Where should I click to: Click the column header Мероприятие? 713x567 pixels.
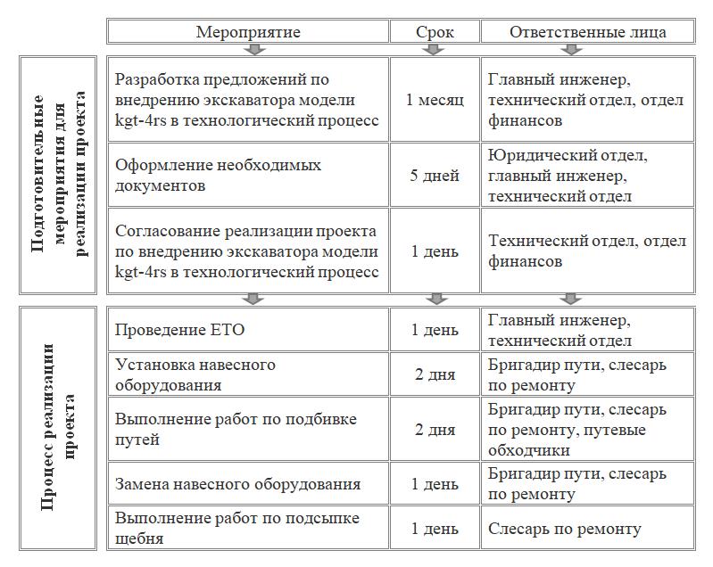tap(248, 32)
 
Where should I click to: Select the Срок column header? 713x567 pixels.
tap(435, 32)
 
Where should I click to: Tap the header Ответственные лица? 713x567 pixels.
tap(587, 32)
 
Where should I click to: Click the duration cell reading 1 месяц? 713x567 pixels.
tap(435, 99)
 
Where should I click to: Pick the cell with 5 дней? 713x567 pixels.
tap(435, 176)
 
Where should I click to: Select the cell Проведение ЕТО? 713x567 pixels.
tap(248, 331)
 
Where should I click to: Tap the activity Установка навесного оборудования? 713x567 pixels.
tap(248, 374)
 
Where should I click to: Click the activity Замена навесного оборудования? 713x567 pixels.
tap(248, 484)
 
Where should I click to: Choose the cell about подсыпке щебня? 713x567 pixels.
tap(248, 529)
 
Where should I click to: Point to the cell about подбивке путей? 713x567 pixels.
tap(248, 430)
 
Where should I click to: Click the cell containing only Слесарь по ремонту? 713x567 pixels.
tap(587, 529)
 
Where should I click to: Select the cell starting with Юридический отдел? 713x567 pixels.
tap(587, 176)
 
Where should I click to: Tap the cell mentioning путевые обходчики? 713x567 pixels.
tap(587, 430)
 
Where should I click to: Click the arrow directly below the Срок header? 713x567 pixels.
tap(435, 50)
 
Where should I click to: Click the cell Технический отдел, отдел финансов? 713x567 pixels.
tap(587, 251)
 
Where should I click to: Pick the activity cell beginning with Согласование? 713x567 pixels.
tap(248, 251)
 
